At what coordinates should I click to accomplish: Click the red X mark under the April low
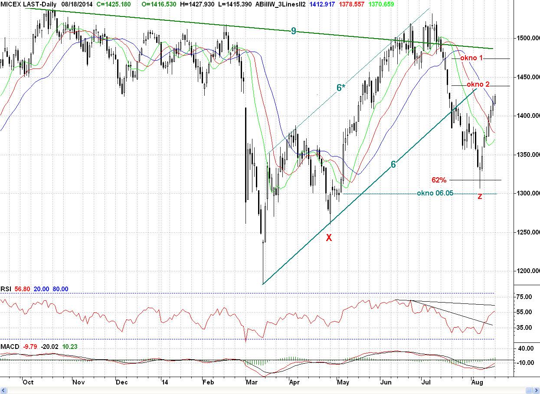[x=329, y=237]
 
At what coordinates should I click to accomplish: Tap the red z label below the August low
[x=480, y=196]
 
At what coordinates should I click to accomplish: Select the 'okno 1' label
[x=472, y=58]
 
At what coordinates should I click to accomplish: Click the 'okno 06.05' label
[x=435, y=193]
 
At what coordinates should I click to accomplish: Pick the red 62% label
[x=439, y=180]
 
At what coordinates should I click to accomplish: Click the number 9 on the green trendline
[x=294, y=31]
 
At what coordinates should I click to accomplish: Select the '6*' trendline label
[x=341, y=88]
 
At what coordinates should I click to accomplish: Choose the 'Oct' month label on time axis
[x=28, y=382]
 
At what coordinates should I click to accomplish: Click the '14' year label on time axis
[x=164, y=382]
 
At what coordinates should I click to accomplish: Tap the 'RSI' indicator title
[x=6, y=289]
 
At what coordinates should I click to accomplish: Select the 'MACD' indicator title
[x=10, y=346]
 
